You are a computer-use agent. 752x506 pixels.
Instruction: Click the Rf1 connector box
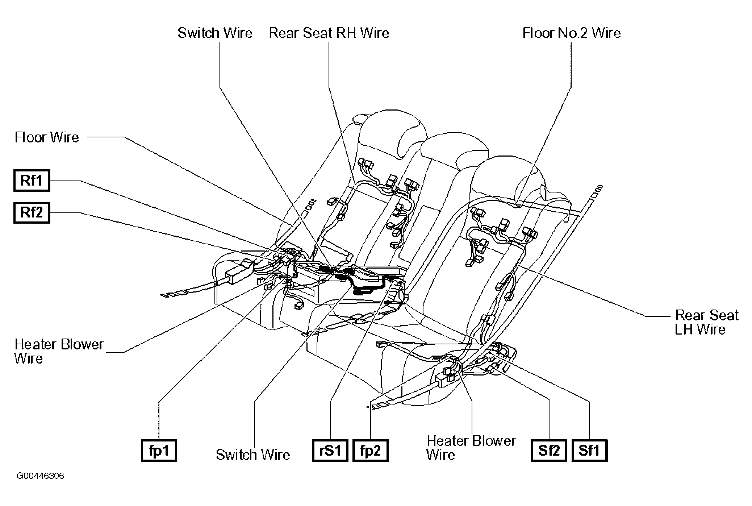click(x=32, y=180)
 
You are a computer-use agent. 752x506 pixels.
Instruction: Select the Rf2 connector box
click(x=32, y=212)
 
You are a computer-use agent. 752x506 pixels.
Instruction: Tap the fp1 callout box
click(x=159, y=451)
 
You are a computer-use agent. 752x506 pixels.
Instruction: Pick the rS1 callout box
click(x=330, y=451)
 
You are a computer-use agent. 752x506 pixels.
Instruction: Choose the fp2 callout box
click(x=370, y=451)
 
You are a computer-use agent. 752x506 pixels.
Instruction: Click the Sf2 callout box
click(x=549, y=451)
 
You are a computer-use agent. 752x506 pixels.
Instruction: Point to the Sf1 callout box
click(x=589, y=451)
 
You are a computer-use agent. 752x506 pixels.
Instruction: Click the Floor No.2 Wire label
click(x=571, y=33)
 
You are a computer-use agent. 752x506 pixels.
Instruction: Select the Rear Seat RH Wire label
click(x=329, y=33)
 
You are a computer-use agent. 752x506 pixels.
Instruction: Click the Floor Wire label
click(x=47, y=137)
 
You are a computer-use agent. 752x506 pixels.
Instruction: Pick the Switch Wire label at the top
click(x=215, y=33)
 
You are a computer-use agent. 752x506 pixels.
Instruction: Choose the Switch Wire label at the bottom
click(x=253, y=455)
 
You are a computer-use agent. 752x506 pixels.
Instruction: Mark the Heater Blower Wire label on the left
click(x=59, y=351)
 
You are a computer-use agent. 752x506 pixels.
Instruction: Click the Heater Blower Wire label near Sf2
click(x=471, y=447)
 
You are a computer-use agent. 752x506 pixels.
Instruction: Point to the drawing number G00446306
click(x=40, y=476)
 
